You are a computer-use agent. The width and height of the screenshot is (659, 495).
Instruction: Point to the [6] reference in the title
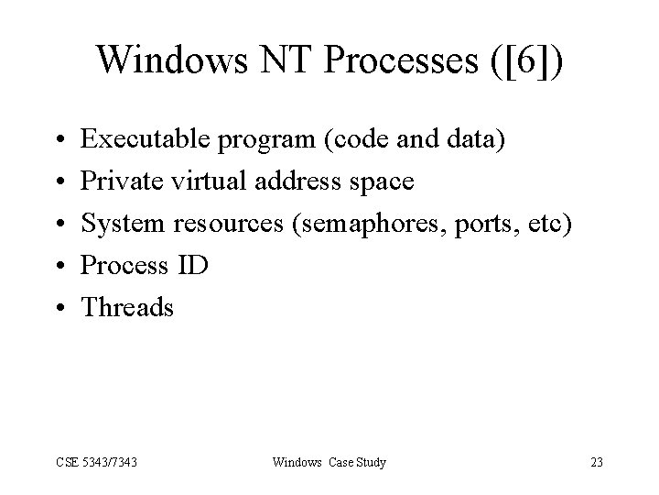[530, 60]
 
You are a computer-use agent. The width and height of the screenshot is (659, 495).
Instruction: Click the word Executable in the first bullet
[145, 140]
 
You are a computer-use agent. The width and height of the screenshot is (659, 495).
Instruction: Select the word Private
[116, 182]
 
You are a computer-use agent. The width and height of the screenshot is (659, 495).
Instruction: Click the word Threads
[127, 308]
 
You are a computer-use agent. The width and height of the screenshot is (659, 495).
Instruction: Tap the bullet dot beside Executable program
[58, 141]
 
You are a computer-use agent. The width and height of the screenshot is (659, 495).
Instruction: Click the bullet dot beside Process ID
[58, 267]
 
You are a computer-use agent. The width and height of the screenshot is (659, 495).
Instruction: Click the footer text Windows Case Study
[329, 462]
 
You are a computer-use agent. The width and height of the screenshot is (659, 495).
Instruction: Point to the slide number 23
[597, 462]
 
